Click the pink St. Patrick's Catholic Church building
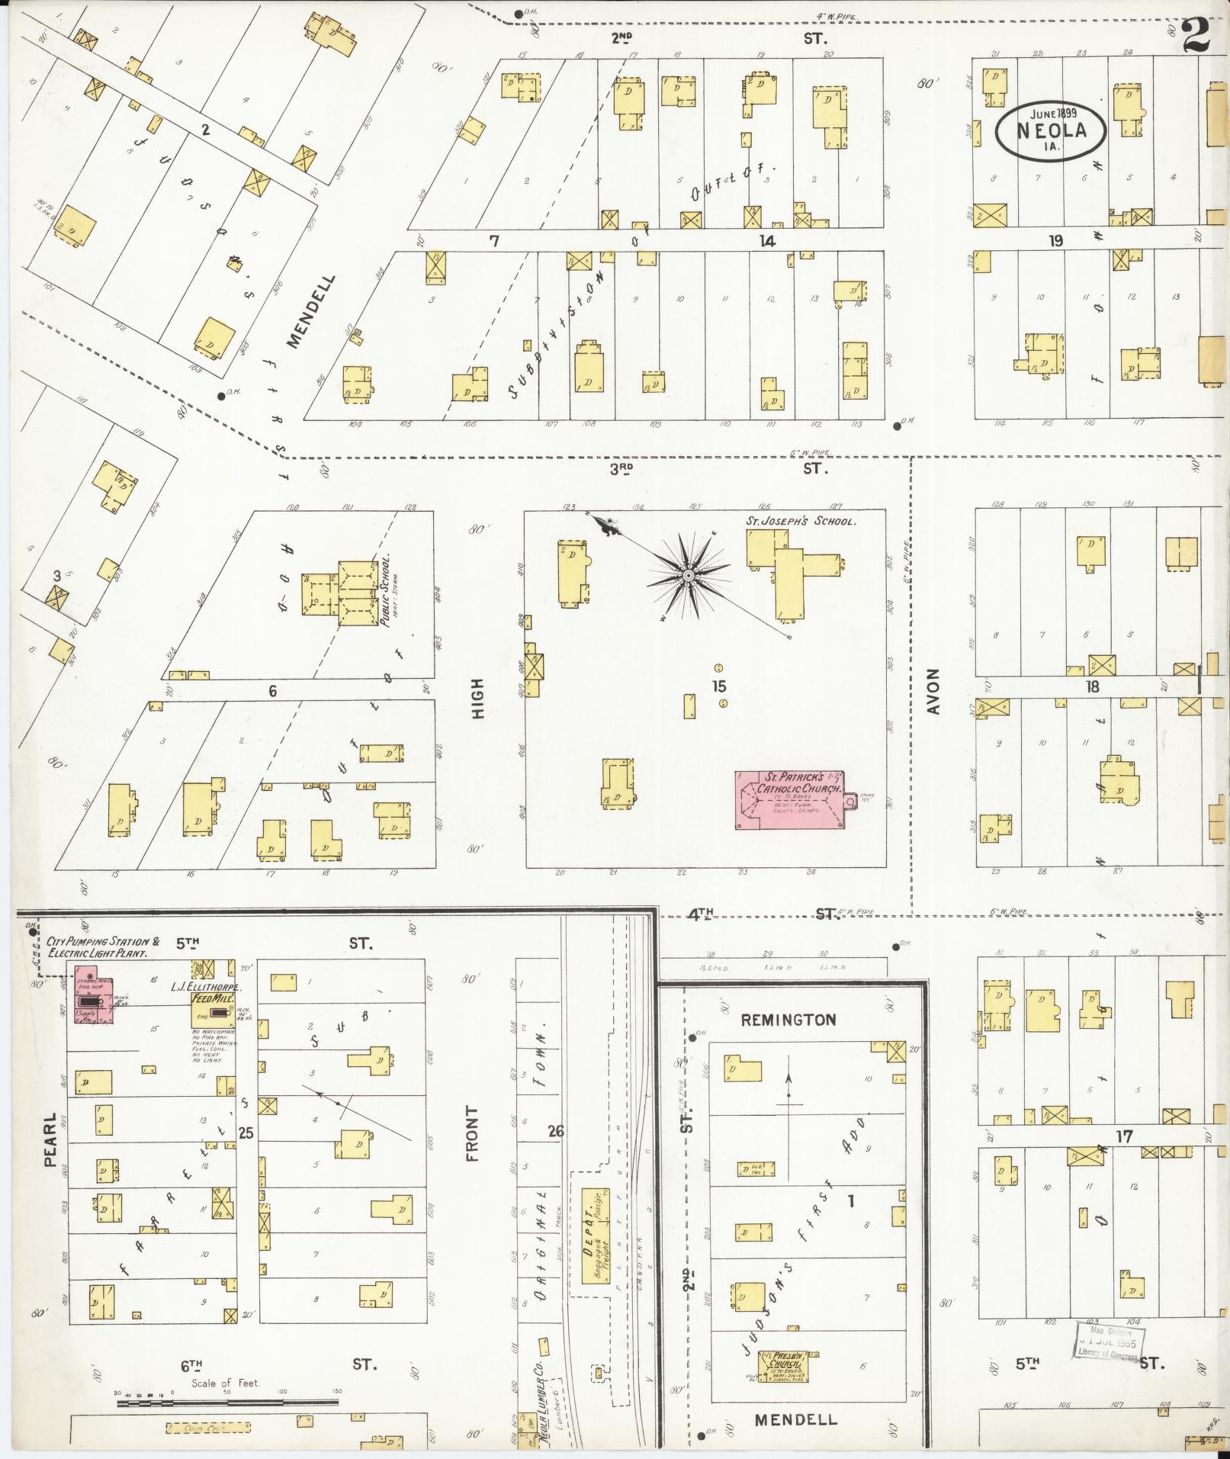click(788, 799)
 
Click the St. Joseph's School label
click(800, 522)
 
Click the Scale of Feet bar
click(229, 1400)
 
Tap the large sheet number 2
click(1197, 36)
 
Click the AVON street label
click(933, 691)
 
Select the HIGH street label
click(478, 699)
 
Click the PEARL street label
click(51, 1141)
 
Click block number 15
click(718, 686)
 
